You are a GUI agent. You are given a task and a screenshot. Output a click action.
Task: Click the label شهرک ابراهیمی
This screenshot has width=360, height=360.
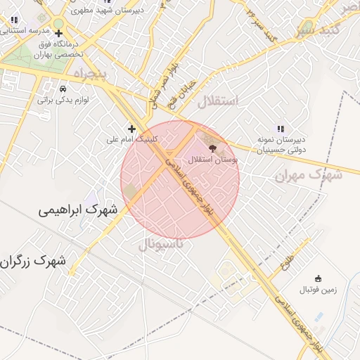(77, 210)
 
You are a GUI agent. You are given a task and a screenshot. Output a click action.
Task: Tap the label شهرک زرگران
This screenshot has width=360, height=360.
(37, 262)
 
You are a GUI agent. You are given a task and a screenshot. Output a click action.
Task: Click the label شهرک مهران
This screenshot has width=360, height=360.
(308, 174)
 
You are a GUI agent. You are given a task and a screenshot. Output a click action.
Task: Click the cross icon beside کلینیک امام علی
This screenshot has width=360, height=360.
(131, 128)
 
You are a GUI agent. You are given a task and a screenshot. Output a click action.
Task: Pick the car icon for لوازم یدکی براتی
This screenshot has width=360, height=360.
(63, 89)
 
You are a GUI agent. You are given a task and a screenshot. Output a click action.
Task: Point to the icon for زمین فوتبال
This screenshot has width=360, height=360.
(319, 278)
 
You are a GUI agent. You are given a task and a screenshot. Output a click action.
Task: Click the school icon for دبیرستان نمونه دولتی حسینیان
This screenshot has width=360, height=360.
(280, 128)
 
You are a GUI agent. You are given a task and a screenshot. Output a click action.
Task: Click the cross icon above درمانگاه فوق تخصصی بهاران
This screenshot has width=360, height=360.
(58, 33)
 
